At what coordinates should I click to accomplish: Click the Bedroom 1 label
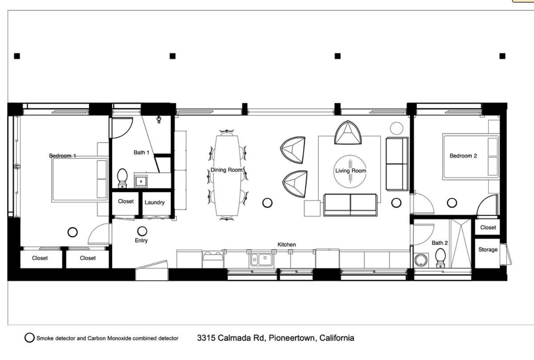(x=62, y=156)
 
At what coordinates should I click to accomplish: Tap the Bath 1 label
(x=142, y=152)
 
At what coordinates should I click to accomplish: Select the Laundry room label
(x=154, y=202)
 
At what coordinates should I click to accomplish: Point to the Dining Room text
(x=226, y=170)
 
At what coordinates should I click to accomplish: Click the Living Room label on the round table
(x=351, y=171)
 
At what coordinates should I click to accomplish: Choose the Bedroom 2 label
(x=463, y=156)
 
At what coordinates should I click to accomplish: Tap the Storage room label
(x=488, y=250)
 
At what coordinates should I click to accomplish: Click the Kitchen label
(x=287, y=245)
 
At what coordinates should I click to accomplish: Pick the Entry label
(x=141, y=241)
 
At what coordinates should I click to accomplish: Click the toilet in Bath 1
(x=122, y=178)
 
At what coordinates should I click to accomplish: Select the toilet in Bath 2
(x=440, y=258)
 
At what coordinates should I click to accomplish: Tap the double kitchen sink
(x=261, y=259)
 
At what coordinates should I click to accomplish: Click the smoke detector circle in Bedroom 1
(x=73, y=232)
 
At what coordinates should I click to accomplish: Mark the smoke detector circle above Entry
(x=142, y=231)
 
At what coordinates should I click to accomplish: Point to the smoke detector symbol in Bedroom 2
(x=452, y=203)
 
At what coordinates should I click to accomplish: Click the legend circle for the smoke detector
(x=29, y=338)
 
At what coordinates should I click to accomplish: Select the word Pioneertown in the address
(x=293, y=338)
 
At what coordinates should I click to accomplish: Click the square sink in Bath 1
(x=141, y=182)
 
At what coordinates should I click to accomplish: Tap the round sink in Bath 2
(x=421, y=260)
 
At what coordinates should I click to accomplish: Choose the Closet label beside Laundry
(x=125, y=202)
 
